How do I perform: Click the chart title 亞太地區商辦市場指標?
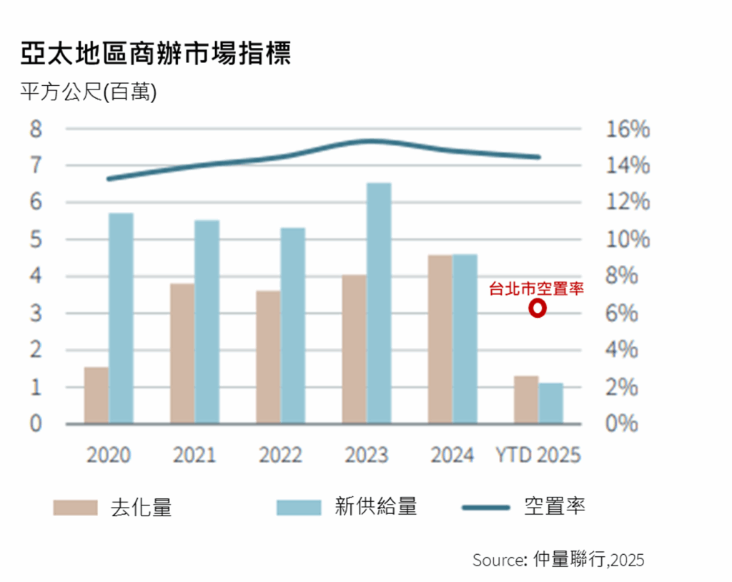[156, 54]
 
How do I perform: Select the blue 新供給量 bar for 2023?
[379, 303]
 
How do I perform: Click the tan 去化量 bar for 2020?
[97, 395]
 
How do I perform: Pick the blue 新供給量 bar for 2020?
[121, 318]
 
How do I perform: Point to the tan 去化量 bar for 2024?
[440, 339]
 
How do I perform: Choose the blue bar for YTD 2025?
[550, 403]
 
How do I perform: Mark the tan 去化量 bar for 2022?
[268, 357]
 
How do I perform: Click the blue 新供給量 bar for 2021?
[207, 321]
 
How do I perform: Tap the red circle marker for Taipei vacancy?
[538, 309]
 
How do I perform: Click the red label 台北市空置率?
[536, 288]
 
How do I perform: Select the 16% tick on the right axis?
[628, 130]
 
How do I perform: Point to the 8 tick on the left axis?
[35, 130]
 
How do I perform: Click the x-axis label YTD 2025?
[538, 455]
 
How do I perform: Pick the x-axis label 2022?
[280, 455]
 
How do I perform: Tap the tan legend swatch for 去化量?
[75, 508]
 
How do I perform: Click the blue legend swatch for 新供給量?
[298, 508]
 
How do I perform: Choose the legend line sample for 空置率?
[486, 508]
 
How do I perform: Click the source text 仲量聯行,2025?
[588, 560]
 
